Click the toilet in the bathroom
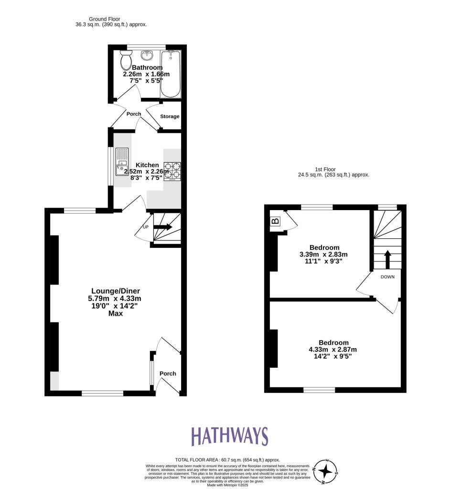(x=127, y=61)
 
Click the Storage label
(x=170, y=117)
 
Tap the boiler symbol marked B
(x=276, y=222)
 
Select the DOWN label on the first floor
(x=387, y=277)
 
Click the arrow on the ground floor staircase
(x=162, y=228)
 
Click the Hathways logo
(x=230, y=436)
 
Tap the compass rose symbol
(x=326, y=471)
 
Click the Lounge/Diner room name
(x=116, y=291)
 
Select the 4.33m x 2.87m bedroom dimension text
(x=333, y=350)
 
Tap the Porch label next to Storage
(x=134, y=114)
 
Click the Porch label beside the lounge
(x=168, y=373)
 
